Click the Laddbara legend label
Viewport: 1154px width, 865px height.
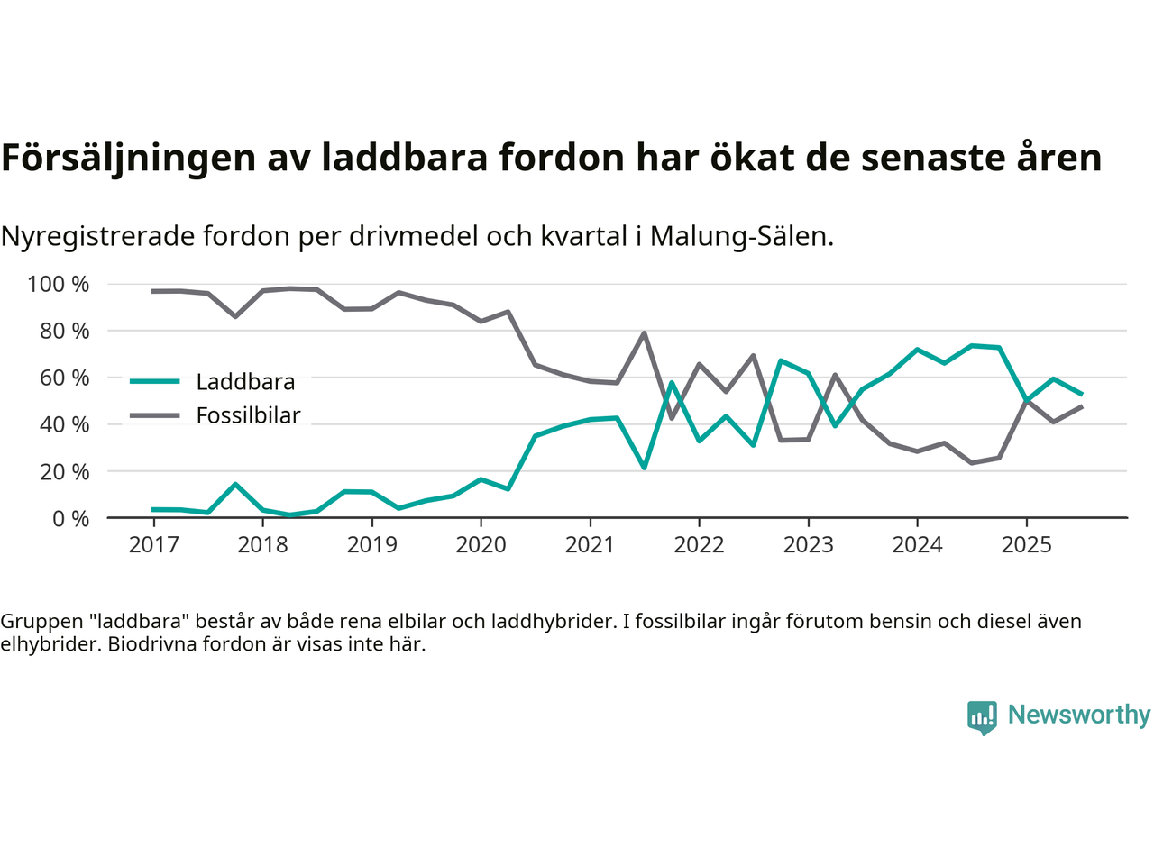click(x=245, y=382)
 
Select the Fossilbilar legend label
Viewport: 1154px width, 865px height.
click(x=248, y=415)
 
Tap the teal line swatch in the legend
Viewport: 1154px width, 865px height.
click(x=155, y=381)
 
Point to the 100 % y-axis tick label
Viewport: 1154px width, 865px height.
click(x=59, y=285)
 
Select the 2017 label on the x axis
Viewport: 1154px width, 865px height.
click(x=153, y=545)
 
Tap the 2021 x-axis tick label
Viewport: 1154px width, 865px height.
click(x=590, y=545)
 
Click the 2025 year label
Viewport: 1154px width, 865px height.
click(x=1026, y=545)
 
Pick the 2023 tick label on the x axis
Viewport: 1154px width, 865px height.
click(x=808, y=545)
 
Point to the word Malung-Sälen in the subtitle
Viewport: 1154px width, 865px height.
click(x=741, y=236)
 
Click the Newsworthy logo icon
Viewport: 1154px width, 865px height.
click(x=982, y=717)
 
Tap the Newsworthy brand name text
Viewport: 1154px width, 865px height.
click(x=1079, y=715)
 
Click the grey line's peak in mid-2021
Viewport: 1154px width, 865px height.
click(x=644, y=333)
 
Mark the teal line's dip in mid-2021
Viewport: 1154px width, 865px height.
click(x=644, y=468)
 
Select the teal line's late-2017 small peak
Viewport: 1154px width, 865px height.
click(x=235, y=485)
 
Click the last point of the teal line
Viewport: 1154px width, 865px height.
click(x=1081, y=394)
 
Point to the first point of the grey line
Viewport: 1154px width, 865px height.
click(x=153, y=291)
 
